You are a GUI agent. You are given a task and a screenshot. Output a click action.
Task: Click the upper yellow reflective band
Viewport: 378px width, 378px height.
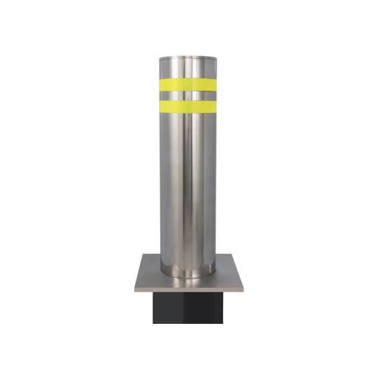[x=188, y=85]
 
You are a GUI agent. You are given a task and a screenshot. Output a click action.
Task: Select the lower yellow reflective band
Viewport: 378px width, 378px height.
[x=188, y=106]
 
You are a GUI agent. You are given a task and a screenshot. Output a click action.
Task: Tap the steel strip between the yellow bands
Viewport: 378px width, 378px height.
[x=188, y=95]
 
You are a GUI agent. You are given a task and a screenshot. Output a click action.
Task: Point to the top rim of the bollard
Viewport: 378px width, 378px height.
[x=188, y=58]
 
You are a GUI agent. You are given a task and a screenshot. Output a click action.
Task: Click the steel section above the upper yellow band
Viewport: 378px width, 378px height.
[x=188, y=69]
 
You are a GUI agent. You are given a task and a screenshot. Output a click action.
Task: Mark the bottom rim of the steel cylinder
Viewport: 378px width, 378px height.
[x=188, y=274]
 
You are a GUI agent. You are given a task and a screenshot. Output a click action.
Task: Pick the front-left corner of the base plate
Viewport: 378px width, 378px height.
[x=136, y=290]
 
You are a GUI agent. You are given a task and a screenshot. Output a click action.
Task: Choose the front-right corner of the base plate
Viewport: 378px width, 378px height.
[x=242, y=290]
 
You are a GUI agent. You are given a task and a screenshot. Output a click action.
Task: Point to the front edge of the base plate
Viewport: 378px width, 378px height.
[x=188, y=291]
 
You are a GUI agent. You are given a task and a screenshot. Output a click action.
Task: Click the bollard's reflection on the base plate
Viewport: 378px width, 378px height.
[x=188, y=282]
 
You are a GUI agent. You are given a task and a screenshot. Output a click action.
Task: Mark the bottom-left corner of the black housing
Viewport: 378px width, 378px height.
[x=154, y=323]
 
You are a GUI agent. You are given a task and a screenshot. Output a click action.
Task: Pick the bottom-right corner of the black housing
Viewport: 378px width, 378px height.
[x=223, y=323]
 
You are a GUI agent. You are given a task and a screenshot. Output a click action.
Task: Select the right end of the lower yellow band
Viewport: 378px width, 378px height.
[x=214, y=106]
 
